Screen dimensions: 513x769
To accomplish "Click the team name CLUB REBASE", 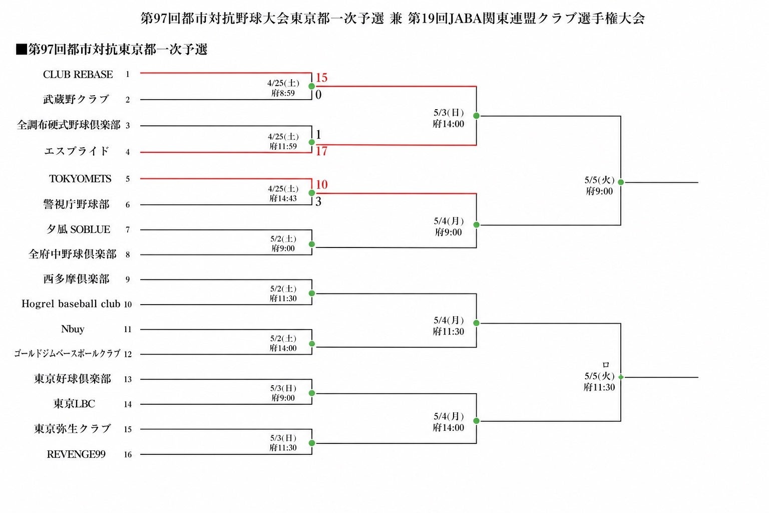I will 78,75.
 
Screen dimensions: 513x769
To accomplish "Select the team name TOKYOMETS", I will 80,179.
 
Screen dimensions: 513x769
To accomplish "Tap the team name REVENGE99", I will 76,454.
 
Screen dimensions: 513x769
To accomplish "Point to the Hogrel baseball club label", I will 71,304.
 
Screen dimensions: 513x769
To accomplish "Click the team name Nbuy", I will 73,329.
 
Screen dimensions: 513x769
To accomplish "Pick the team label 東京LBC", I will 74,404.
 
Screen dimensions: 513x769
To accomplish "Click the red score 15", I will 321,78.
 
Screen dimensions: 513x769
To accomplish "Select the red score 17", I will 321,151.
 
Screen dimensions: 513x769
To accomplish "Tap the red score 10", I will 321,184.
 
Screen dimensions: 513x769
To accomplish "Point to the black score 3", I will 318,202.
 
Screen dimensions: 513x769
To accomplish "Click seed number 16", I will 128,454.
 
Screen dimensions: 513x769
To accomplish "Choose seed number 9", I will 128,280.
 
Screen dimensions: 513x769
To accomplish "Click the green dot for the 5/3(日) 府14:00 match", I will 476,116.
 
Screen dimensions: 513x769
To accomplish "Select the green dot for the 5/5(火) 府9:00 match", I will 620,182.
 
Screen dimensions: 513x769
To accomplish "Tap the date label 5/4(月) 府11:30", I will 449,326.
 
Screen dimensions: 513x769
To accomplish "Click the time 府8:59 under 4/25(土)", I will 283,93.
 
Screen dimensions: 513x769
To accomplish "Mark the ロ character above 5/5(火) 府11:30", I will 606,365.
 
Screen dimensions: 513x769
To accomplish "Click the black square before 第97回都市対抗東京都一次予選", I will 21,50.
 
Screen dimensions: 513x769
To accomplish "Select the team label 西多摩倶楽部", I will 76,279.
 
